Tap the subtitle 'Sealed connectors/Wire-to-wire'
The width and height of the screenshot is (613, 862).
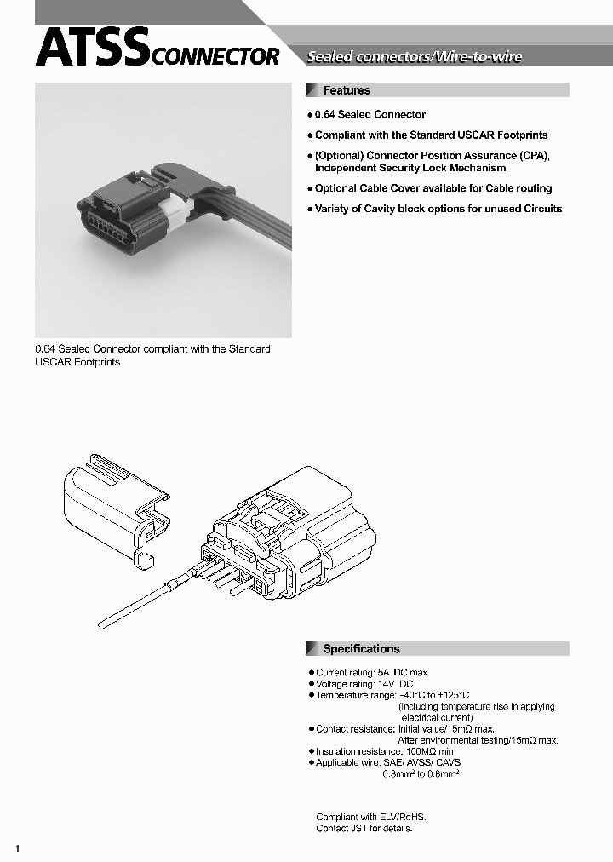pos(414,57)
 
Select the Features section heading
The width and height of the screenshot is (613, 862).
pos(347,90)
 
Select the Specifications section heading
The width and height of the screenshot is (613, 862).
pos(361,649)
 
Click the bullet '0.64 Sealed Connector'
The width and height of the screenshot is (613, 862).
pos(370,114)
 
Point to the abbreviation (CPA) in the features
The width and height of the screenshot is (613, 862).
pos(534,156)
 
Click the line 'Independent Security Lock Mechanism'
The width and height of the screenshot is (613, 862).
pos(410,168)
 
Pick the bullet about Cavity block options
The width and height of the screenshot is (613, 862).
pos(438,209)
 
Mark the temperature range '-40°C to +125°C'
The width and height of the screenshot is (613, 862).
pos(434,696)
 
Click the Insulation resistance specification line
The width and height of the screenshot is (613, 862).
pos(385,751)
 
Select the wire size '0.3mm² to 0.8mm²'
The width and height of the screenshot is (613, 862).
pos(421,773)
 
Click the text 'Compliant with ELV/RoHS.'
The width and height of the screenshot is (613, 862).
pos(370,817)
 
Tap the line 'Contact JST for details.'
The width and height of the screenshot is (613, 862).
pos(364,828)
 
